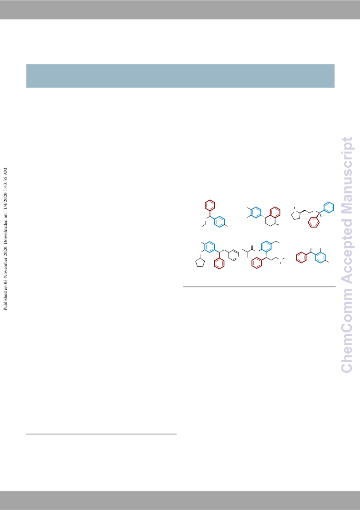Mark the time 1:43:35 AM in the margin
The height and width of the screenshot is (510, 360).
point(5,178)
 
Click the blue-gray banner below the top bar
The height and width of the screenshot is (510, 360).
point(180,76)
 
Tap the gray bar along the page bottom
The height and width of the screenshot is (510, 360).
point(180,500)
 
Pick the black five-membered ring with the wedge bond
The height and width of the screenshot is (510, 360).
point(296,215)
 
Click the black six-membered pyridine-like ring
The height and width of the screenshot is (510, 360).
point(234,255)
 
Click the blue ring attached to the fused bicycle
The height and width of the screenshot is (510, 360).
point(256,212)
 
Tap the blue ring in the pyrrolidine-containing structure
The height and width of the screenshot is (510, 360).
point(329,208)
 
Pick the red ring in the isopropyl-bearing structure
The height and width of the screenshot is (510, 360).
point(257,263)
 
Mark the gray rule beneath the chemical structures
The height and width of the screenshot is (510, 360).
point(259,287)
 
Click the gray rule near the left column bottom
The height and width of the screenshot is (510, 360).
point(101,434)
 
